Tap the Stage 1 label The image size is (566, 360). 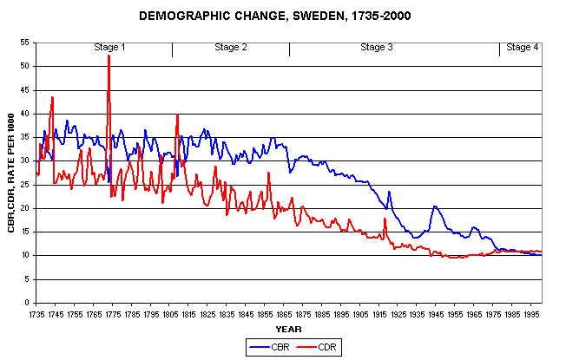click(110, 47)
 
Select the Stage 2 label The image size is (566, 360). click(231, 47)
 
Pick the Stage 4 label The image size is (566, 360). click(522, 47)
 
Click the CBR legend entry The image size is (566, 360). click(263, 346)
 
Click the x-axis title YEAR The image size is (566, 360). click(288, 329)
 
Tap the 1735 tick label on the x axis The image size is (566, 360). click(36, 313)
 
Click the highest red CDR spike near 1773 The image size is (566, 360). click(109, 56)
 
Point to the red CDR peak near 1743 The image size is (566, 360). click(53, 97)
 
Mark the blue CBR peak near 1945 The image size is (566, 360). click(434, 206)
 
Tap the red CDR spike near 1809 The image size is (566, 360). click(177, 115)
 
